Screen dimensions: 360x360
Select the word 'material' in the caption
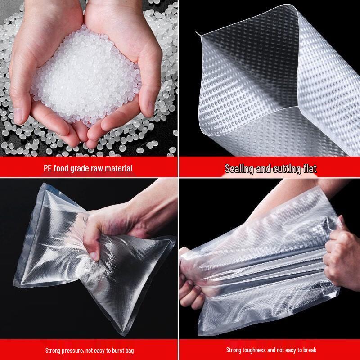coord(118,169)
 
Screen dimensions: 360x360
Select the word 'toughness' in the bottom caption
coord(255,350)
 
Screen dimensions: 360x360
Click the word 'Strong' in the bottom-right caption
coord(234,350)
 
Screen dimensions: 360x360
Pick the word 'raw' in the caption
coord(100,169)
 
